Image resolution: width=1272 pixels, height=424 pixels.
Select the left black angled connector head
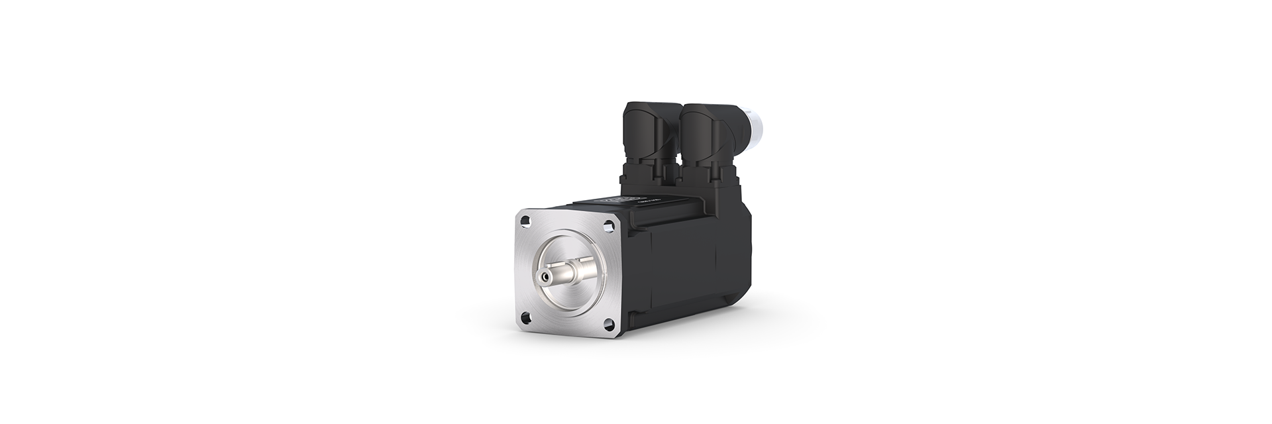tap(653, 132)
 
